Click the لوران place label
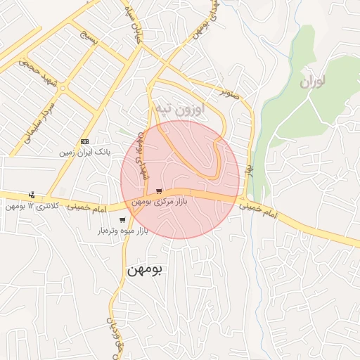(x=313, y=82)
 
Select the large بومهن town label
(x=145, y=269)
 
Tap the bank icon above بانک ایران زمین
(x=85, y=141)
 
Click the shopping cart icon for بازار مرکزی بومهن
(x=160, y=191)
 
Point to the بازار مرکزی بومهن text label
(x=159, y=202)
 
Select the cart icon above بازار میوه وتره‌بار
(x=122, y=220)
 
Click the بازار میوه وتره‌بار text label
(x=122, y=231)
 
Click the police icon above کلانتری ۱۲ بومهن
(x=31, y=195)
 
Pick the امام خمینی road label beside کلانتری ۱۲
(x=89, y=209)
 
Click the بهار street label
(x=249, y=170)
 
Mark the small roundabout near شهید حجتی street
(x=63, y=89)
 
